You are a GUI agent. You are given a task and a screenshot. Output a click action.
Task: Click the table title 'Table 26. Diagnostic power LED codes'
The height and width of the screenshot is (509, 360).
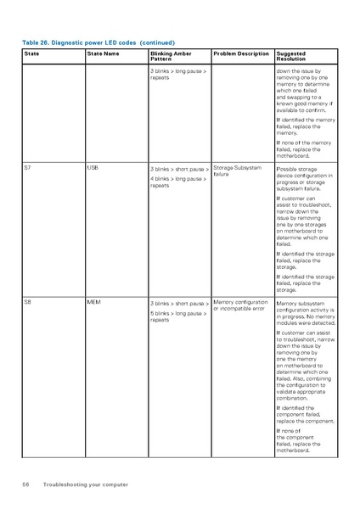click(98, 42)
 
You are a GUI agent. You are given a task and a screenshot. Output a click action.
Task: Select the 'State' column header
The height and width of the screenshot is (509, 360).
click(31, 54)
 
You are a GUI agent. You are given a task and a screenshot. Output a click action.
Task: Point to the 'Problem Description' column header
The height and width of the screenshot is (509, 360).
click(241, 54)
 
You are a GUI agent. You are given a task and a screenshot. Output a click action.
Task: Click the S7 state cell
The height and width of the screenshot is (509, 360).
click(28, 168)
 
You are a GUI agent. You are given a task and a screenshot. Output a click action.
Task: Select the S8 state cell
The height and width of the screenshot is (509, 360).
click(28, 302)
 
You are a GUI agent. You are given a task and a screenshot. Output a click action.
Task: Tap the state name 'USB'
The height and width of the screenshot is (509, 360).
click(93, 168)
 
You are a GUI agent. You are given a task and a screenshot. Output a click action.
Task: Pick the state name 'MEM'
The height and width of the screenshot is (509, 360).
click(94, 302)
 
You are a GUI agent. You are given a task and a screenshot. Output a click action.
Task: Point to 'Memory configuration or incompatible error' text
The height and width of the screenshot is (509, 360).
click(240, 305)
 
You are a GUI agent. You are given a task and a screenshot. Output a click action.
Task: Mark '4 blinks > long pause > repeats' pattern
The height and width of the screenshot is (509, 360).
click(178, 182)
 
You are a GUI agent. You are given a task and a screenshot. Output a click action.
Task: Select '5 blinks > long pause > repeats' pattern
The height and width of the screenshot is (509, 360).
click(178, 316)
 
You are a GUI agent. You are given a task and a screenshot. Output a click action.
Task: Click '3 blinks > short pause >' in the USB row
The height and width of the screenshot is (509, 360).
click(179, 169)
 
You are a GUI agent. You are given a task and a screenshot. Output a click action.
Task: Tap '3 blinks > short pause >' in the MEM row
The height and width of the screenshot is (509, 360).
click(179, 303)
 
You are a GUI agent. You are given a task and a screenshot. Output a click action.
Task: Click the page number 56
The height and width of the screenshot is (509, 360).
click(26, 484)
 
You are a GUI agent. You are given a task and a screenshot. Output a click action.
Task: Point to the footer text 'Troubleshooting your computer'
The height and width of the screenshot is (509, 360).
click(86, 484)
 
